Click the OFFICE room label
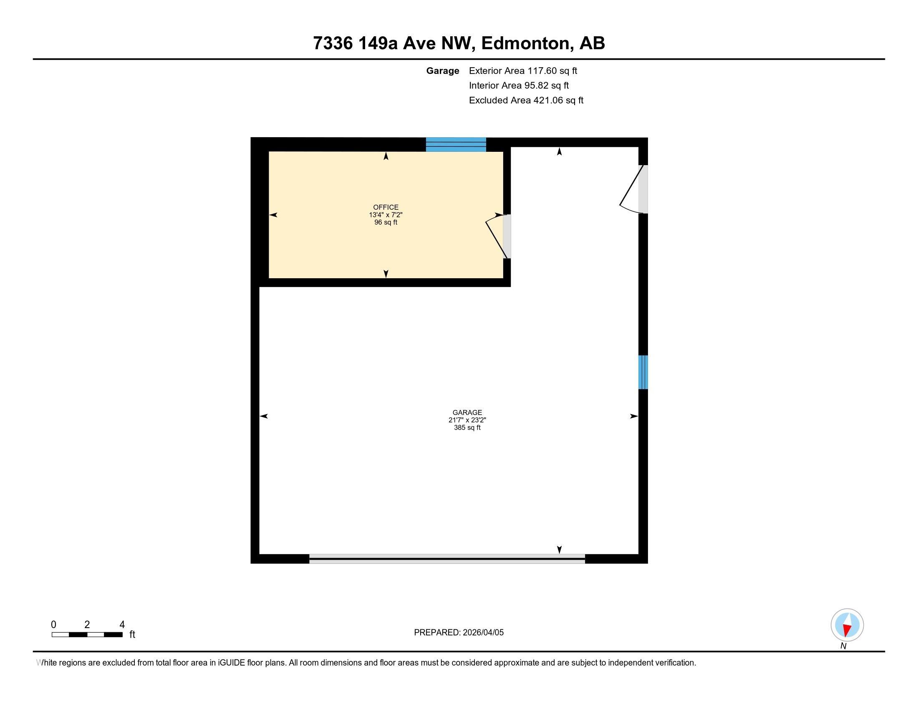click(386, 207)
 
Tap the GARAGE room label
click(467, 412)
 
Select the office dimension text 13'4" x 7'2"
click(386, 215)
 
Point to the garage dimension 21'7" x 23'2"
click(467, 420)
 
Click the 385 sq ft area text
click(467, 427)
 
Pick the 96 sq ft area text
click(386, 222)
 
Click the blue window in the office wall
click(456, 144)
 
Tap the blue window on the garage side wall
click(643, 372)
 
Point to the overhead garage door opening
click(447, 558)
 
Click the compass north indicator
click(847, 625)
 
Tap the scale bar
click(87, 634)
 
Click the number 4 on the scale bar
click(122, 625)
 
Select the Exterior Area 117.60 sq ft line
click(522, 70)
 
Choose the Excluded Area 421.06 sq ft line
click(526, 100)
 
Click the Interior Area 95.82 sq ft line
click(519, 85)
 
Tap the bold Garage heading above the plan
click(442, 70)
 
